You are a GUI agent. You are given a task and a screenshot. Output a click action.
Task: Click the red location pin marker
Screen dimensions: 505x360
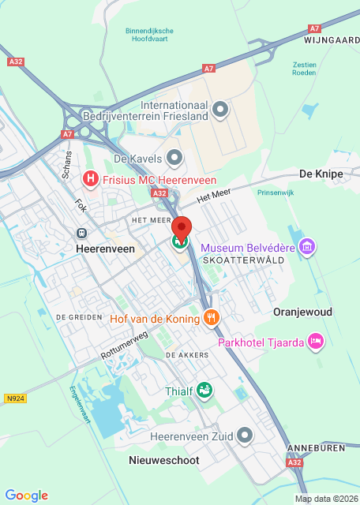tap(182, 227)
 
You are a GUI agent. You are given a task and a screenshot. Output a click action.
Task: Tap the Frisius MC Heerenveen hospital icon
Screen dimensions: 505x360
tap(91, 180)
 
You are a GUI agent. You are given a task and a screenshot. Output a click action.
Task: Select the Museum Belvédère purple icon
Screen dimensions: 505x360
tap(308, 248)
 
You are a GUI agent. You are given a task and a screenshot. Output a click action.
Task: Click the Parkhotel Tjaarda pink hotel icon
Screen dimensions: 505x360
tap(316, 341)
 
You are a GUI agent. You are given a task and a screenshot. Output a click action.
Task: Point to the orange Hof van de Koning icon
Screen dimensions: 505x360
tap(211, 317)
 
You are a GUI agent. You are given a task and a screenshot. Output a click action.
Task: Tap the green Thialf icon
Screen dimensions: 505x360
tap(204, 390)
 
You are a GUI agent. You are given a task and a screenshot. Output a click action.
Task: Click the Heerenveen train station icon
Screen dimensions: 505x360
tap(81, 234)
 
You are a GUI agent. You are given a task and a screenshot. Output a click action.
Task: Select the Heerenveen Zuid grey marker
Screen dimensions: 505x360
tap(246, 435)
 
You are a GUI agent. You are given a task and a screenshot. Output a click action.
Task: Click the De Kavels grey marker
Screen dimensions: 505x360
tap(174, 158)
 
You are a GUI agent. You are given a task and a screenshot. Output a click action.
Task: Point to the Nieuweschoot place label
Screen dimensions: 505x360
tap(163, 459)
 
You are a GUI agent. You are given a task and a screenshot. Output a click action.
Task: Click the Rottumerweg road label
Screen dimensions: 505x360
tap(124, 346)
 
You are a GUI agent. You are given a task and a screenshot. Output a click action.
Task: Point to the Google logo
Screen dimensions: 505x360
tap(26, 495)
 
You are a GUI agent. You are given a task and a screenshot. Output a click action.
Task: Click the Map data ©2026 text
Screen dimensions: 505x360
tap(325, 499)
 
